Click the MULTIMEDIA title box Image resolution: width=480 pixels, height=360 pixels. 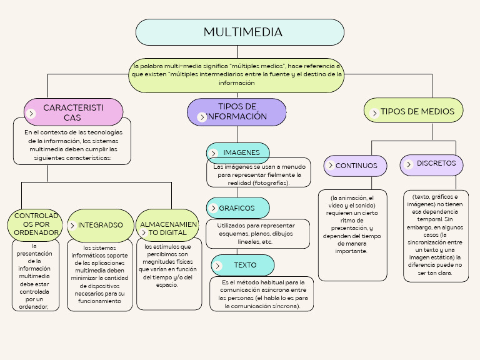point(239,32)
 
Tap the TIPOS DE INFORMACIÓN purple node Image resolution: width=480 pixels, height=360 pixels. point(237,112)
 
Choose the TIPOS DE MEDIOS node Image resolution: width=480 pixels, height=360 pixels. point(413,111)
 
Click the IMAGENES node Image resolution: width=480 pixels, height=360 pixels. point(237,152)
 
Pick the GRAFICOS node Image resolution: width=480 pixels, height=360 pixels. point(237,208)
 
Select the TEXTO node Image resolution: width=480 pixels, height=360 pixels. point(242,265)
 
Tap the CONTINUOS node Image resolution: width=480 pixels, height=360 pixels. point(356,166)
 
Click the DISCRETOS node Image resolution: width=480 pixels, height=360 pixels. point(432,164)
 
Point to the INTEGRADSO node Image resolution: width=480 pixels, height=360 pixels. point(100,225)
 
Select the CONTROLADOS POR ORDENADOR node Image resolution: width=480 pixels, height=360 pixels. point(36,224)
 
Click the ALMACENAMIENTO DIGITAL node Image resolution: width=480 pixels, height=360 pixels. point(167,227)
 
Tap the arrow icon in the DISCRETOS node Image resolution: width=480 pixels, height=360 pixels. point(409,164)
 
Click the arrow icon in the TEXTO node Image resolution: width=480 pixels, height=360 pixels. point(218,266)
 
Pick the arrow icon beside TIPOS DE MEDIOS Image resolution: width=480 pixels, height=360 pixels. point(373,113)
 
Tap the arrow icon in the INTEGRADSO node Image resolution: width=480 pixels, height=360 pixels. point(73,226)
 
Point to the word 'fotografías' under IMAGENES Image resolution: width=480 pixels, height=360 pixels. point(271,183)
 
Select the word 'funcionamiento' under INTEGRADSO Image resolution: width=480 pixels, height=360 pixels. point(99,301)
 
